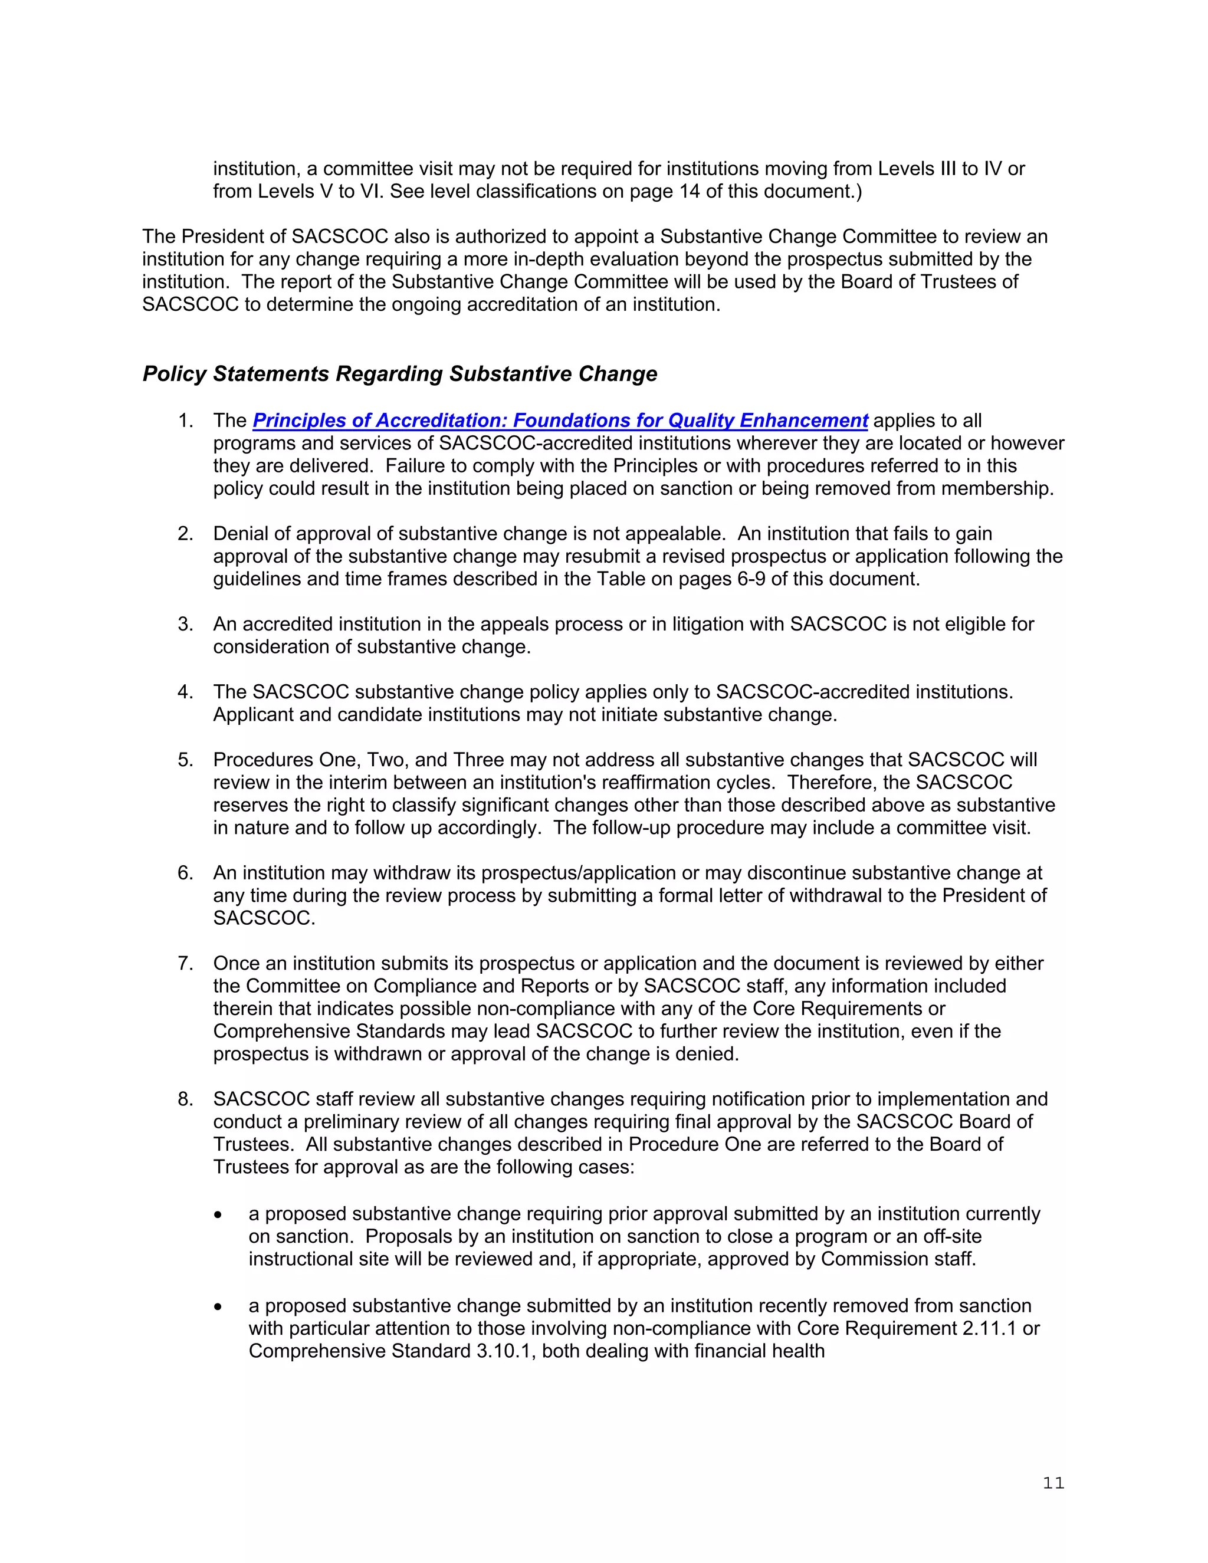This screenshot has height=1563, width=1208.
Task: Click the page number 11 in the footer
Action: (x=1053, y=1483)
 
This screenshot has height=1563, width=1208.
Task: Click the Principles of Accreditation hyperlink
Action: (x=560, y=420)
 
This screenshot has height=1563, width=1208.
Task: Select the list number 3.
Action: (x=185, y=624)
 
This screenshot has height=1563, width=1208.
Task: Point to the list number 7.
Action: (x=185, y=963)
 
